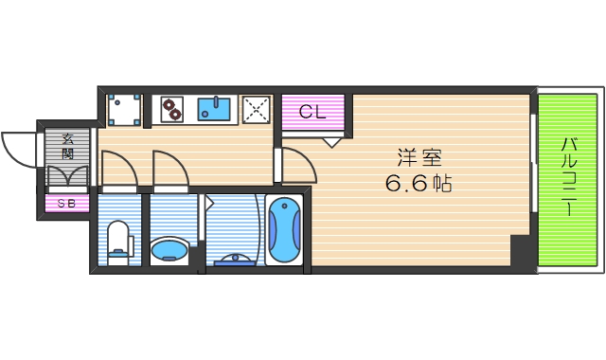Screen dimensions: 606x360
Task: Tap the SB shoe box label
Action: pos(66,203)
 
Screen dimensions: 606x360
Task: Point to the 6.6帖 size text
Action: pos(418,184)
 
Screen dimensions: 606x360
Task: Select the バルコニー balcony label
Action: pos(569,177)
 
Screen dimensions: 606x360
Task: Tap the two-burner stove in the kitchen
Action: pos(171,109)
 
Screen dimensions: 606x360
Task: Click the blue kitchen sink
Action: pos(217,109)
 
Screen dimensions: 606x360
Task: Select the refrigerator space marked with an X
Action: pos(258,109)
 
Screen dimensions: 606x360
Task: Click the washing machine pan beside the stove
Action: pos(124,109)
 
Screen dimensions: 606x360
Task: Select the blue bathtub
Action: pos(284,232)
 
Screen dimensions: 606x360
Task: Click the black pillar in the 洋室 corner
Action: pos(520,251)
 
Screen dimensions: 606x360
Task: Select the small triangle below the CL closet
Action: pos(330,142)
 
